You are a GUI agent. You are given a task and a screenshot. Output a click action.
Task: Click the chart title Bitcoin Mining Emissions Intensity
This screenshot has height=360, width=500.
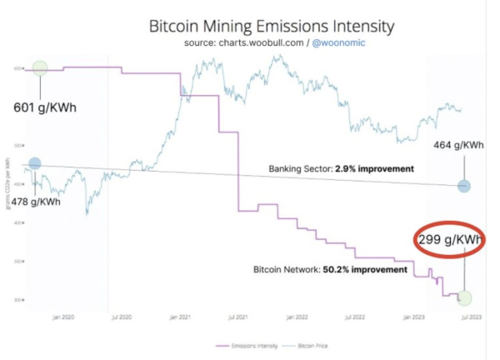[259, 25]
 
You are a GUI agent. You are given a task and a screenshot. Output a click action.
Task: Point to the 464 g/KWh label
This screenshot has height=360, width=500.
[458, 145]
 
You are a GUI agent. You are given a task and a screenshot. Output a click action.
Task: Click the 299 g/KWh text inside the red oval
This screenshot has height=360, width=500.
[449, 240]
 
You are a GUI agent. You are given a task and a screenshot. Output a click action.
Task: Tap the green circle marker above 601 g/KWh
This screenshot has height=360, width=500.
[39, 70]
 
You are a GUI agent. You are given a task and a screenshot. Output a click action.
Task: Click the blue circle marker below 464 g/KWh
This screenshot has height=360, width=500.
[464, 187]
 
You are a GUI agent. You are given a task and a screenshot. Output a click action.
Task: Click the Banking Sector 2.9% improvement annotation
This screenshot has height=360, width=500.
[341, 169]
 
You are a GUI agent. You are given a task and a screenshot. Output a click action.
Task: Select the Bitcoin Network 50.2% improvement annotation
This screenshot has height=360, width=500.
[330, 270]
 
